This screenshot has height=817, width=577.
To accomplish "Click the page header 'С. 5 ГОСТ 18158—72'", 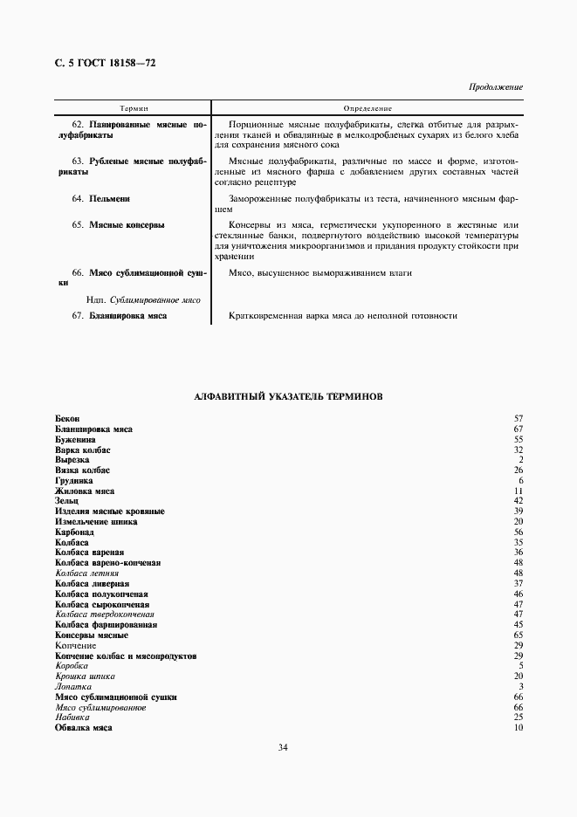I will click(106, 63).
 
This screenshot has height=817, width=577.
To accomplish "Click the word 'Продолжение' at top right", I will click(495, 87).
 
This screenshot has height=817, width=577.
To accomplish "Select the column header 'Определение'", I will click(367, 108).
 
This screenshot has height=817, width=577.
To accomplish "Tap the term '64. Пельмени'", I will click(101, 199).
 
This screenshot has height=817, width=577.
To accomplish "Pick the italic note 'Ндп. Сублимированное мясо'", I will click(144, 299).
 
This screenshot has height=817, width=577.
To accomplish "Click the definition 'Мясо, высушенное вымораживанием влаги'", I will click(320, 273).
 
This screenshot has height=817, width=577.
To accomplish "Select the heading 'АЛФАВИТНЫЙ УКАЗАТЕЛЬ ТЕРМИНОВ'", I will click(288, 396).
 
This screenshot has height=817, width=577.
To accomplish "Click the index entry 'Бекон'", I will click(67, 419).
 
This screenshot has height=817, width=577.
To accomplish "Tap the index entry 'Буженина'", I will click(75, 439).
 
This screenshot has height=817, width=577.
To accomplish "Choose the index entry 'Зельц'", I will click(66, 500).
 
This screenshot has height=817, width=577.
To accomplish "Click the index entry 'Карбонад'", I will click(74, 531).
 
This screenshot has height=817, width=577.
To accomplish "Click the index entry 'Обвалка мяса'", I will click(84, 727).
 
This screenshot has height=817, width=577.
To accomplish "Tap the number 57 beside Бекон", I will click(518, 419).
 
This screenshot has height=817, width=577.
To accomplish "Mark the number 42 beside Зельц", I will click(518, 500).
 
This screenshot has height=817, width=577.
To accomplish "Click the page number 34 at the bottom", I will click(283, 747).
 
